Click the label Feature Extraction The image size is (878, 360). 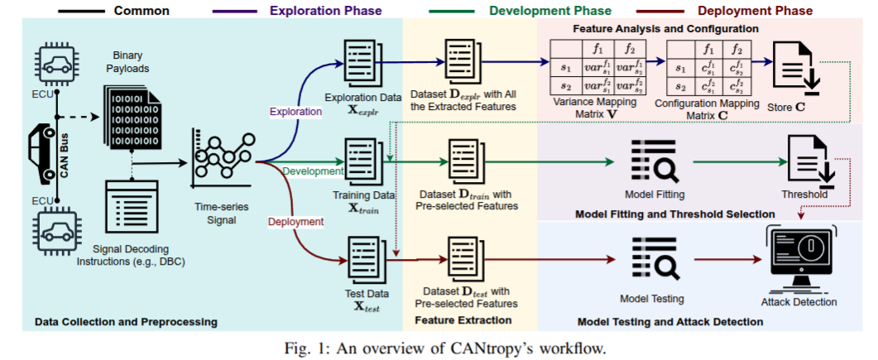point(463,319)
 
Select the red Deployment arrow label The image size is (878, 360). point(295,221)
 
